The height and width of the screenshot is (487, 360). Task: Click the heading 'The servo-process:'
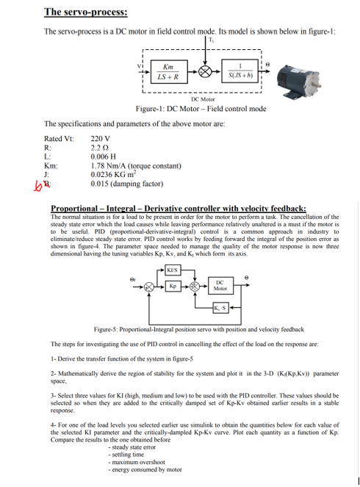85,12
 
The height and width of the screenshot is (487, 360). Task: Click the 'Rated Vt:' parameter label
59,139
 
